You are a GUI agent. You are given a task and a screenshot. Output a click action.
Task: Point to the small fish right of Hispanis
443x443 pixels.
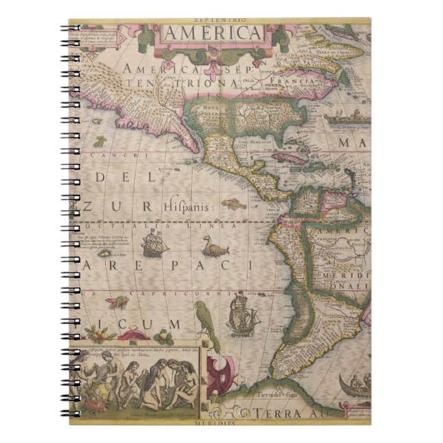pyautogui.click(x=234, y=204)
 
